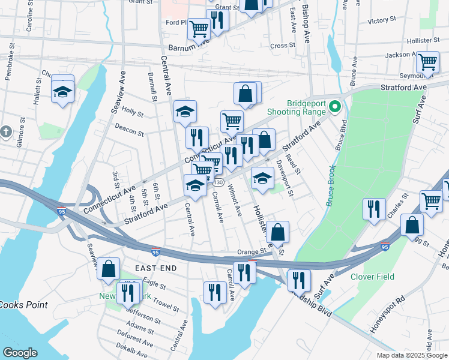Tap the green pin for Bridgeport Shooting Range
tap(336, 108)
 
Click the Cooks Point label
tap(23, 305)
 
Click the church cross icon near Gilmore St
tap(5, 131)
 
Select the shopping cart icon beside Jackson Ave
tap(427, 61)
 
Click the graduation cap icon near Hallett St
tap(62, 92)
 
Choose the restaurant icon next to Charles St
tap(374, 209)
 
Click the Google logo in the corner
tap(20, 353)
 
